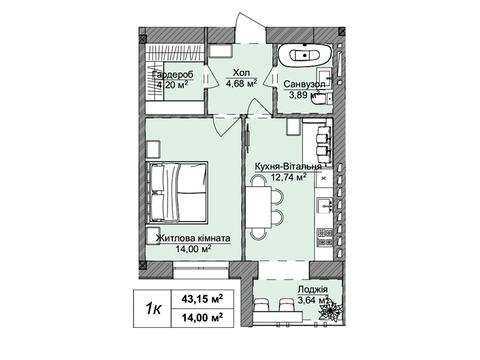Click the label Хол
tap(241, 72)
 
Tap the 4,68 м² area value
tap(241, 83)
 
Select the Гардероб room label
tap(172, 75)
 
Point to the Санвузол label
tap(304, 84)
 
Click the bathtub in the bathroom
tap(305, 55)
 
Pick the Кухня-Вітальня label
tap(288, 166)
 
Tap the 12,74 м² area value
tap(289, 177)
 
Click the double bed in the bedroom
tap(178, 192)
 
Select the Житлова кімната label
tap(193, 238)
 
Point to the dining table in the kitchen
tap(258, 207)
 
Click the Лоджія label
tap(313, 289)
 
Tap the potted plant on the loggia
tap(330, 311)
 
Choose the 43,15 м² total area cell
tap(202, 299)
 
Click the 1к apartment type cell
tap(153, 309)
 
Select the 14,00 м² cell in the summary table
tap(202, 318)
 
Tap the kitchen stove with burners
tap(325, 237)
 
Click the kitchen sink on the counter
tap(324, 205)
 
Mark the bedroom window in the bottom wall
tap(201, 270)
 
